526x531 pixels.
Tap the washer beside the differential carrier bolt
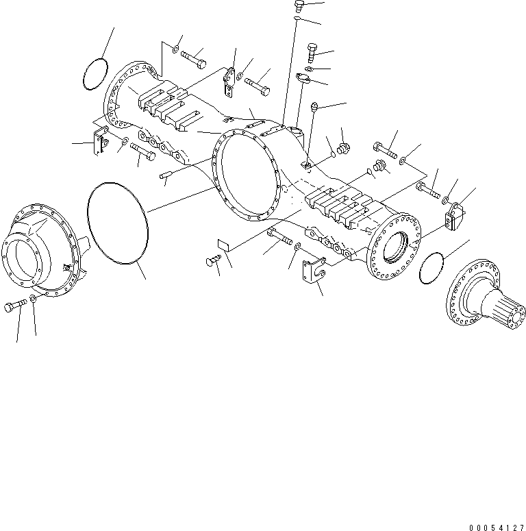point(34,301)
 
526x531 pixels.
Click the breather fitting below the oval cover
point(315,107)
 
